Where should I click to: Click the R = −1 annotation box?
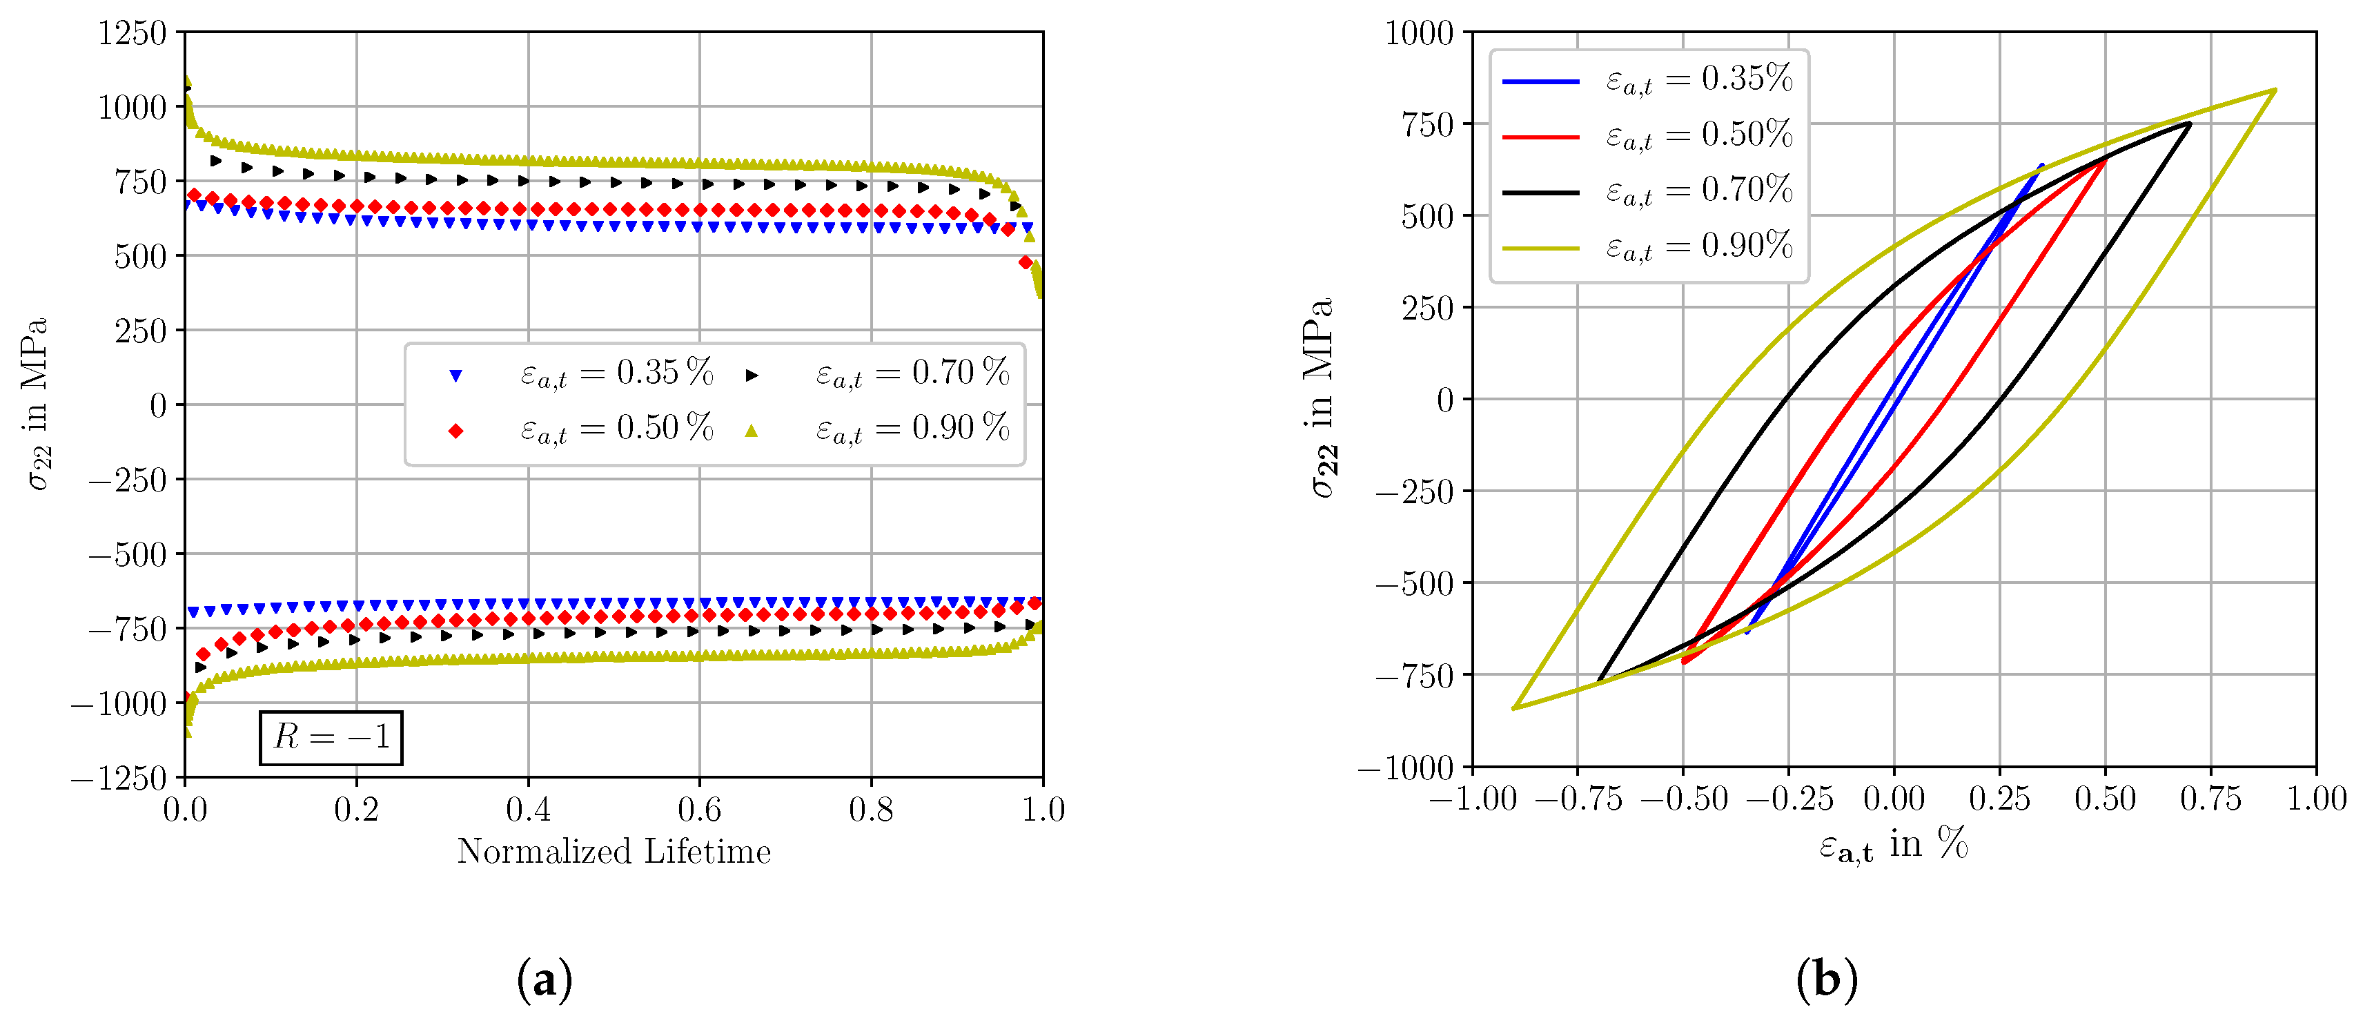point(331,737)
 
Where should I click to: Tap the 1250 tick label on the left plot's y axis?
point(133,34)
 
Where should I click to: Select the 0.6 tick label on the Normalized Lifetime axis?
point(699,810)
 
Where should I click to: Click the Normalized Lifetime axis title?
point(614,852)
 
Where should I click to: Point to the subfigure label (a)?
point(545,980)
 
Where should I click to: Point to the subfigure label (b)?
point(1826,980)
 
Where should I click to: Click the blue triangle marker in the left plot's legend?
point(456,375)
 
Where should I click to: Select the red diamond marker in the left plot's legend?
point(456,430)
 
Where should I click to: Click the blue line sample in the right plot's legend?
point(1541,82)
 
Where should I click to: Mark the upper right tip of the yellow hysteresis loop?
point(2275,90)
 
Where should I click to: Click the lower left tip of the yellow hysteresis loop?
point(1514,708)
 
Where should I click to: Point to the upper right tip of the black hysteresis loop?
point(2190,124)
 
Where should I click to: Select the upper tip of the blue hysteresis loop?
point(2042,166)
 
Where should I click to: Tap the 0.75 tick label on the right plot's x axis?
point(2210,799)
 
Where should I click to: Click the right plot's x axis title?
point(1892,844)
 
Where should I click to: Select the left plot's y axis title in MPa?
point(37,404)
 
